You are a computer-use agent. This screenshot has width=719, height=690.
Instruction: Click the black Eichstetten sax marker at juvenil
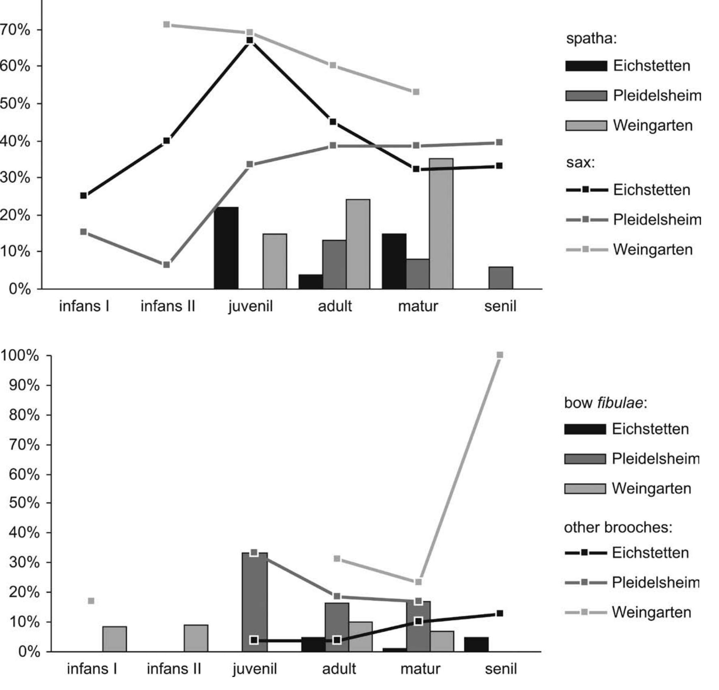(x=250, y=40)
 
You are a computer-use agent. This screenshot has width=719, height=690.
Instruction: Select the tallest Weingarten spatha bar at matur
(x=441, y=223)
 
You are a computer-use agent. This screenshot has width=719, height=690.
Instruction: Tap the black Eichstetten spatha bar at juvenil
(x=226, y=248)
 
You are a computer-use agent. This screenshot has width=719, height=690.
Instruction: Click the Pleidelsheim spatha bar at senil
(x=500, y=278)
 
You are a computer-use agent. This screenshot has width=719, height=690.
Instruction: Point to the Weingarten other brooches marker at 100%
(x=500, y=355)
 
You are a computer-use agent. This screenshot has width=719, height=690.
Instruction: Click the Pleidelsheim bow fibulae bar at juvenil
(x=255, y=602)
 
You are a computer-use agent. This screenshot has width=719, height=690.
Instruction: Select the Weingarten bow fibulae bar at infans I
(x=114, y=639)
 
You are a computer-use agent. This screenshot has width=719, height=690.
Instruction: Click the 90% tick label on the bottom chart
(x=24, y=385)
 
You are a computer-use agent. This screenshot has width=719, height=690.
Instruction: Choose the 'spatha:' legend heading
(x=591, y=39)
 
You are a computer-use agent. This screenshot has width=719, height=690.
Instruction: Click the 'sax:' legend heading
(x=580, y=163)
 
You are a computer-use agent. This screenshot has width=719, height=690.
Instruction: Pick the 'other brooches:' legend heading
(x=618, y=527)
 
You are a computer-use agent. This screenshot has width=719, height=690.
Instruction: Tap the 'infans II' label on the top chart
(x=167, y=306)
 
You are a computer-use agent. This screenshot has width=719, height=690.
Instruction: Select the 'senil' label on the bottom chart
(x=500, y=669)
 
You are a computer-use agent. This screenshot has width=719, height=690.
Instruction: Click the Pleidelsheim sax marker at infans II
(x=166, y=265)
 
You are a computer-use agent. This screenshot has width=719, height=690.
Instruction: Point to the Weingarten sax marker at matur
(x=416, y=92)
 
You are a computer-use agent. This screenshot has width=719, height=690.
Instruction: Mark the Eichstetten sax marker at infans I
(x=84, y=196)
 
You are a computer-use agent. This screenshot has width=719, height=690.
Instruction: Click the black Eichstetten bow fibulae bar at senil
(x=476, y=644)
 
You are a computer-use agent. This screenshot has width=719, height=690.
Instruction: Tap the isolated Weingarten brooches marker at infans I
(x=91, y=601)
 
